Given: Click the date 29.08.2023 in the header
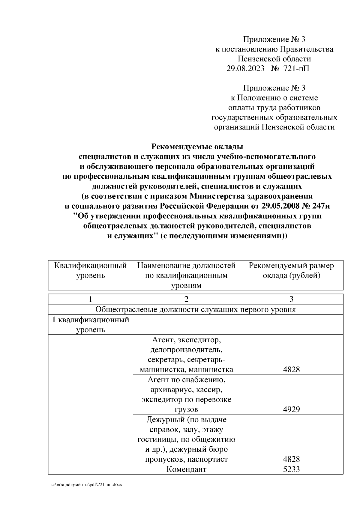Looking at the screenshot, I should [245, 69].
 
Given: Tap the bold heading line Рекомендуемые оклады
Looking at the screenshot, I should [197, 147].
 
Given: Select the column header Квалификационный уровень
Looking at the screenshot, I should [90, 270].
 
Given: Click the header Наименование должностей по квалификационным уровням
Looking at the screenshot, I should [186, 275].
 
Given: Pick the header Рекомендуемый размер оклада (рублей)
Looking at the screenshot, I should [291, 270].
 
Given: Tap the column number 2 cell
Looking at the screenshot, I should [186, 299].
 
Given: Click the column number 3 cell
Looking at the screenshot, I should [291, 299].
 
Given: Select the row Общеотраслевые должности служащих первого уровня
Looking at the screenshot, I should [195, 309].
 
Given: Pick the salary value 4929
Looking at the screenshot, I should [291, 409].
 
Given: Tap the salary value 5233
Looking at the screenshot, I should [291, 469].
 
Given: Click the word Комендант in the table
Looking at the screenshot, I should [186, 469].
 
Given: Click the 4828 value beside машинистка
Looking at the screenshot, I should [291, 370].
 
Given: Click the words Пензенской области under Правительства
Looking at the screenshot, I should [274, 59].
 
